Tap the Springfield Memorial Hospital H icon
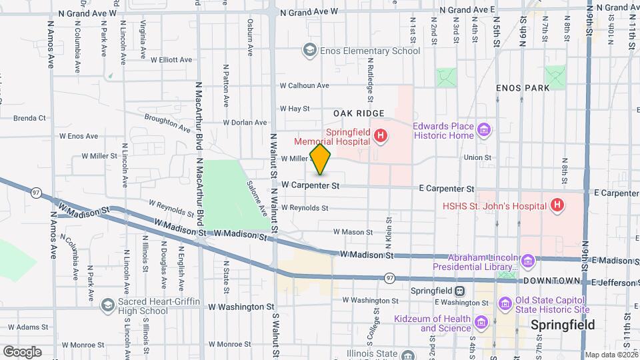[x=381, y=137]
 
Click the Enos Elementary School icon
[x=309, y=51]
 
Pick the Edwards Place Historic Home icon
[x=485, y=127]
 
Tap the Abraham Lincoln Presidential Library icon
[x=529, y=259]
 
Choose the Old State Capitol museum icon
[x=505, y=305]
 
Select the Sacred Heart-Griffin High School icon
[x=107, y=305]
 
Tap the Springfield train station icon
[x=459, y=291]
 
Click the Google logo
[x=22, y=351]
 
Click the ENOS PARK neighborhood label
[x=523, y=88]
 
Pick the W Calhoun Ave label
[x=304, y=85]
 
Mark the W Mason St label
[x=353, y=232]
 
